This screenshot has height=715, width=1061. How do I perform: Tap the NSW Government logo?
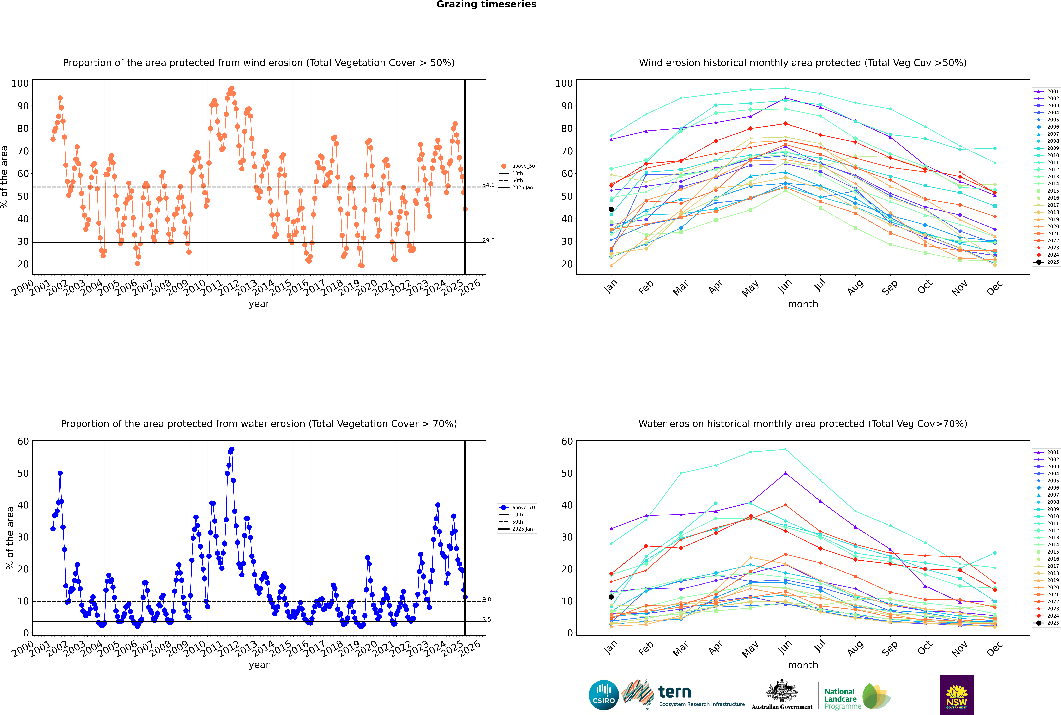pyautogui.click(x=957, y=695)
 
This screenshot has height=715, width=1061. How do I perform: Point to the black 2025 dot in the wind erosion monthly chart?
pyautogui.click(x=611, y=209)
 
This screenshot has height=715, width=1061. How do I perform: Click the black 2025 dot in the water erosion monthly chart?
pyautogui.click(x=611, y=597)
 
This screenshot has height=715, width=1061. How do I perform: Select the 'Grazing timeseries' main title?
pyautogui.click(x=486, y=5)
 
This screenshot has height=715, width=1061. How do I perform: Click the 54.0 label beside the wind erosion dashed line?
pyautogui.click(x=489, y=185)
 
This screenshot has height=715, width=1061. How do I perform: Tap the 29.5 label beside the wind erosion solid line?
pyautogui.click(x=489, y=240)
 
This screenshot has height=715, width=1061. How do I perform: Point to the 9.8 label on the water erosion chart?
pyautogui.click(x=487, y=600)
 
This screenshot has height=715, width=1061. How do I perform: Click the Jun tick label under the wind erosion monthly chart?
pyautogui.click(x=785, y=286)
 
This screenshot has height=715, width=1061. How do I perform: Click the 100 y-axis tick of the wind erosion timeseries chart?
pyautogui.click(x=20, y=83)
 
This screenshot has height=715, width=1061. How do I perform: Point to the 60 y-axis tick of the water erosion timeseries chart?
pyautogui.click(x=23, y=441)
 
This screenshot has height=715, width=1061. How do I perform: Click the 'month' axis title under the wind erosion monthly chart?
pyautogui.click(x=803, y=304)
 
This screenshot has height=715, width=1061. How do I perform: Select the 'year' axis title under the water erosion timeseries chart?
pyautogui.click(x=259, y=665)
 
